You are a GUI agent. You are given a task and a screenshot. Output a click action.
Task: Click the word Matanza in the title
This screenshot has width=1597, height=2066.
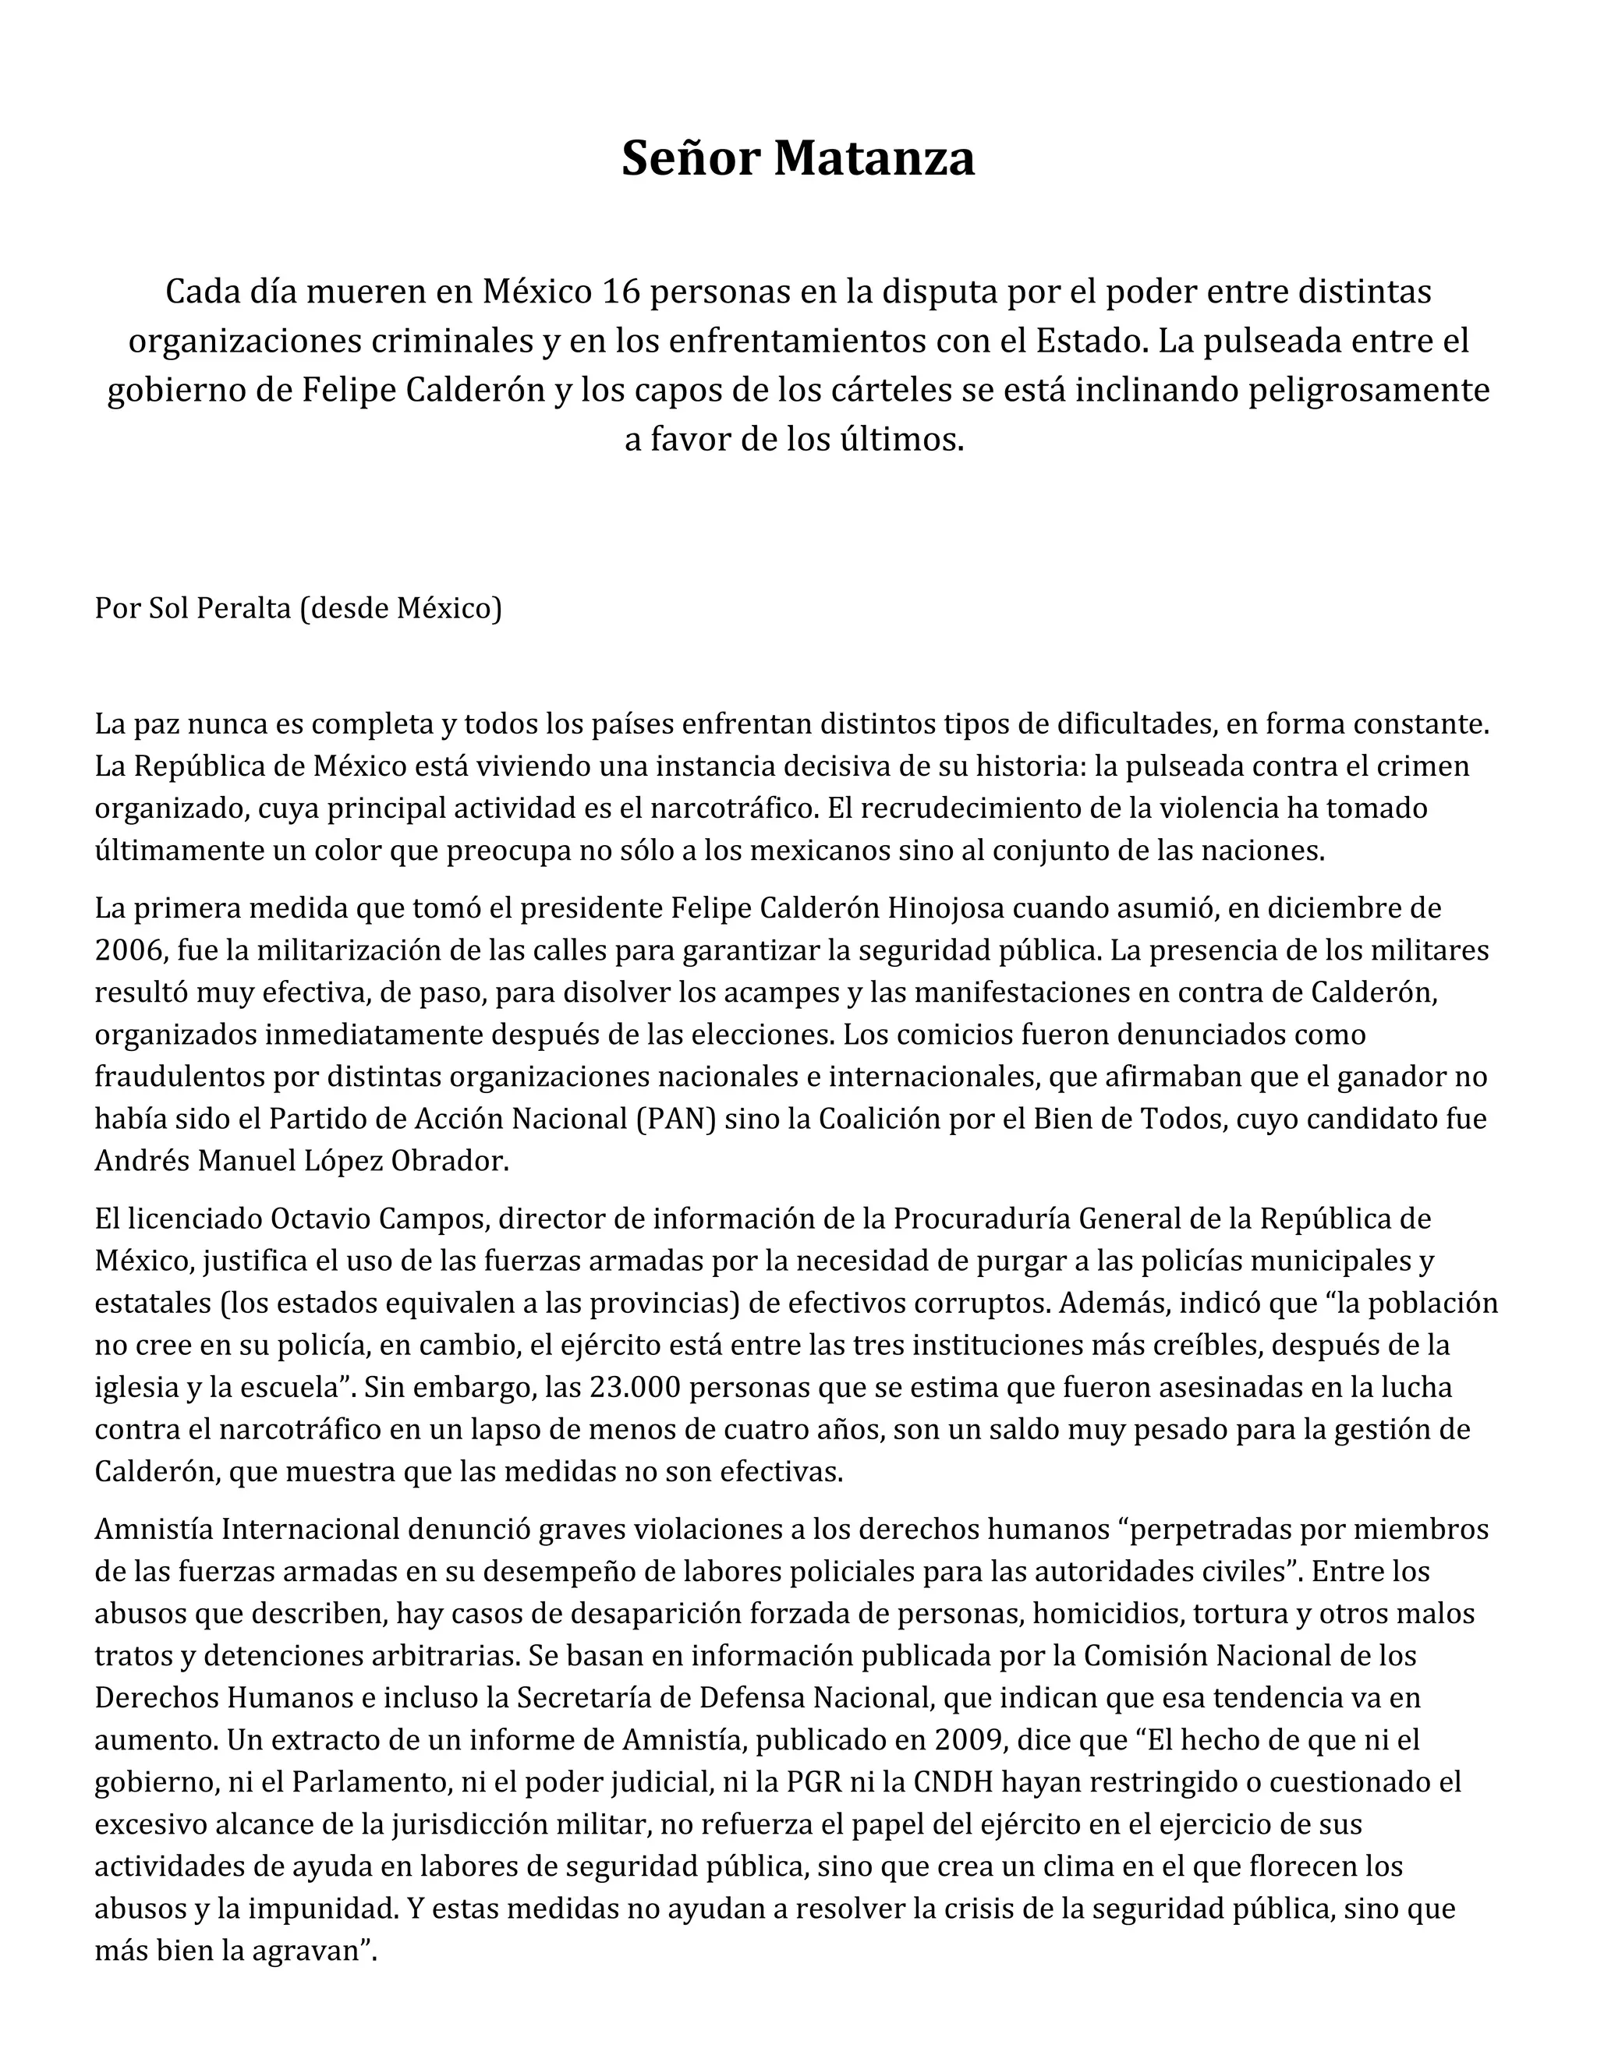pos(873,158)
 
